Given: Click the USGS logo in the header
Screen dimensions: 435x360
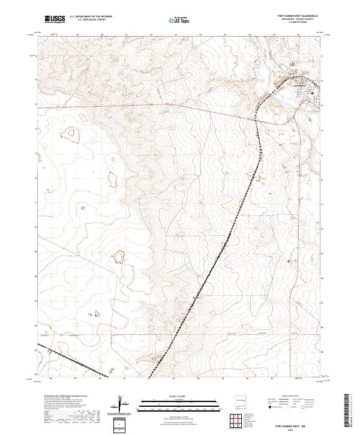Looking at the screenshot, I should tap(55, 19).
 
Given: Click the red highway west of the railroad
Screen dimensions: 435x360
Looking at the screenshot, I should tap(180, 106).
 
